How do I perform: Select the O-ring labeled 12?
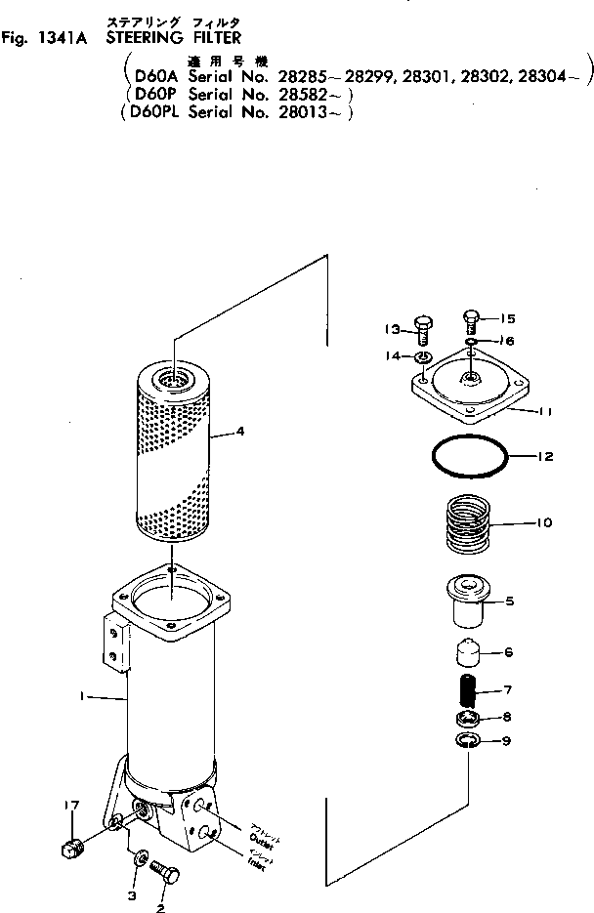(x=469, y=456)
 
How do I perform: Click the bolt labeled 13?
(x=423, y=329)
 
